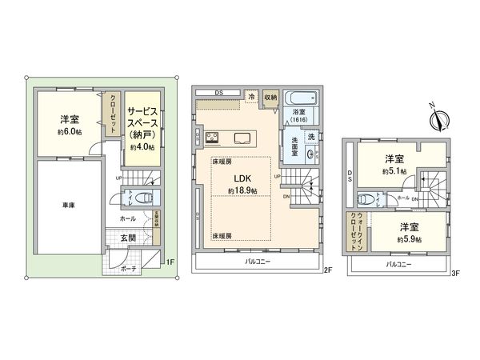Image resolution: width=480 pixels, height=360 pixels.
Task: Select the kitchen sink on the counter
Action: click(x=241, y=138)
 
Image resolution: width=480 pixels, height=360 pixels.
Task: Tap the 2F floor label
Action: click(x=327, y=270)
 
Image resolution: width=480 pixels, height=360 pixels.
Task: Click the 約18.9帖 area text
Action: click(x=242, y=190)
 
